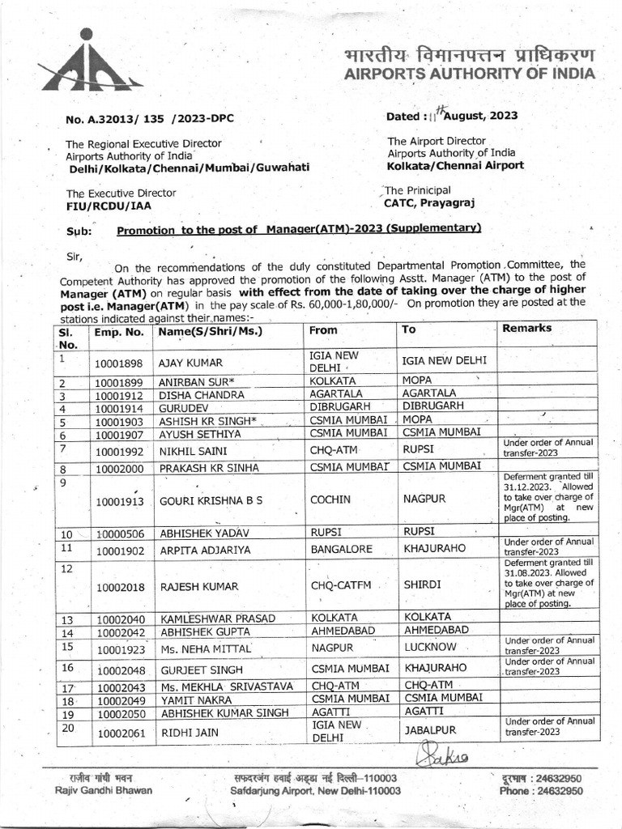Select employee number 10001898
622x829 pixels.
coord(118,362)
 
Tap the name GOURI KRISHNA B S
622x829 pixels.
coord(211,500)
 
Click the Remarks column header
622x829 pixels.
coord(527,329)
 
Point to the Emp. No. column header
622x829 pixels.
coord(118,332)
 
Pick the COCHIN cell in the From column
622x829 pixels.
coord(330,500)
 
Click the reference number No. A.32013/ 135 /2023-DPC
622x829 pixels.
coord(149,119)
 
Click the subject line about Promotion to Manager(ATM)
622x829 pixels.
coord(299,228)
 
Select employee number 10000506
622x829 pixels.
coord(118,534)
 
